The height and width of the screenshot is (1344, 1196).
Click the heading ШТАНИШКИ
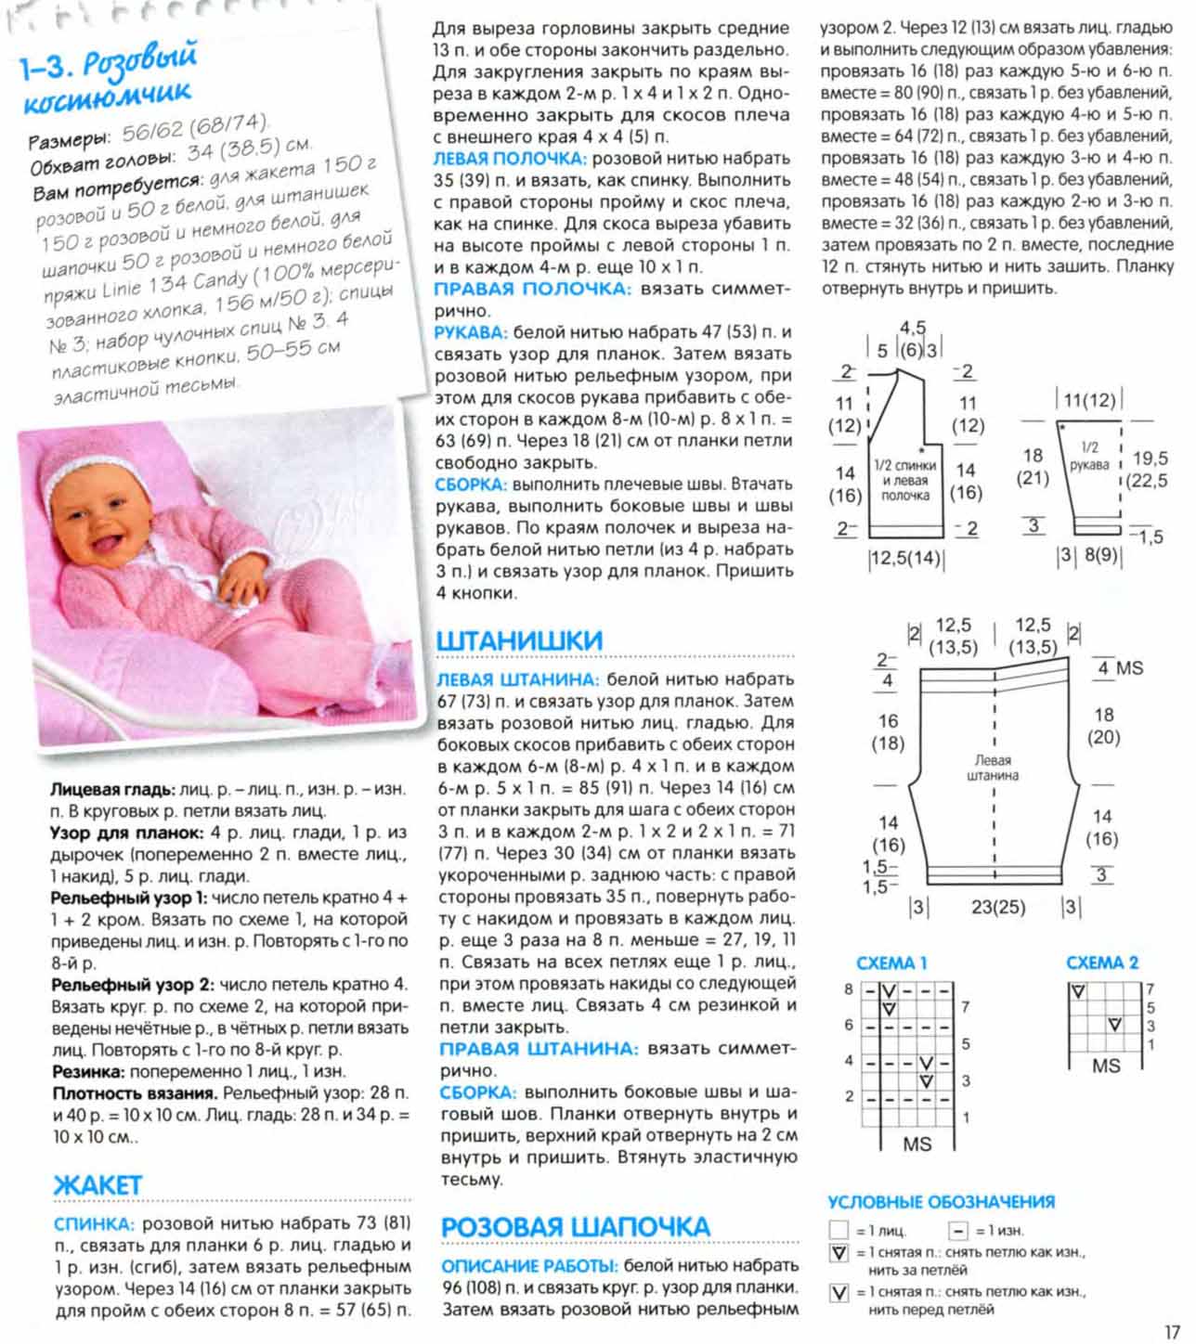pyautogui.click(x=519, y=640)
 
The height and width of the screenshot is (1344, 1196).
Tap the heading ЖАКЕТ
pyautogui.click(x=97, y=1185)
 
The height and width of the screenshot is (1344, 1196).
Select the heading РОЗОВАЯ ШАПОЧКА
pyautogui.click(x=575, y=1226)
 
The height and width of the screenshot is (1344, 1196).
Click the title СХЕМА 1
pyautogui.click(x=891, y=963)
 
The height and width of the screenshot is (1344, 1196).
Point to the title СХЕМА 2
pyautogui.click(x=1102, y=963)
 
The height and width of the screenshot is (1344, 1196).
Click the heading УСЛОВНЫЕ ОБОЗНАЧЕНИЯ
pyautogui.click(x=941, y=1201)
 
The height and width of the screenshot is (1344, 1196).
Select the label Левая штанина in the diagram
pyautogui.click(x=993, y=767)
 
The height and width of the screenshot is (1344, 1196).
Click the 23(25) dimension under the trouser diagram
pyautogui.click(x=998, y=907)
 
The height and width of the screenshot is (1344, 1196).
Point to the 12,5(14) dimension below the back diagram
pyautogui.click(x=904, y=559)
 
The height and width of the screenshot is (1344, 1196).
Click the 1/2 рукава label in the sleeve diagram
pyautogui.click(x=1089, y=457)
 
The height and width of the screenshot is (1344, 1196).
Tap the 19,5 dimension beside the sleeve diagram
pyautogui.click(x=1150, y=458)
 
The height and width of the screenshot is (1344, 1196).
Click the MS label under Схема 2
pyautogui.click(x=1105, y=1066)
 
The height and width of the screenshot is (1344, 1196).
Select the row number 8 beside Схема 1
pyautogui.click(x=848, y=989)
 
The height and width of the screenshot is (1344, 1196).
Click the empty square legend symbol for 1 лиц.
pyautogui.click(x=839, y=1231)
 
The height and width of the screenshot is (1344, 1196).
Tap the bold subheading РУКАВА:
pyautogui.click(x=471, y=332)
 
